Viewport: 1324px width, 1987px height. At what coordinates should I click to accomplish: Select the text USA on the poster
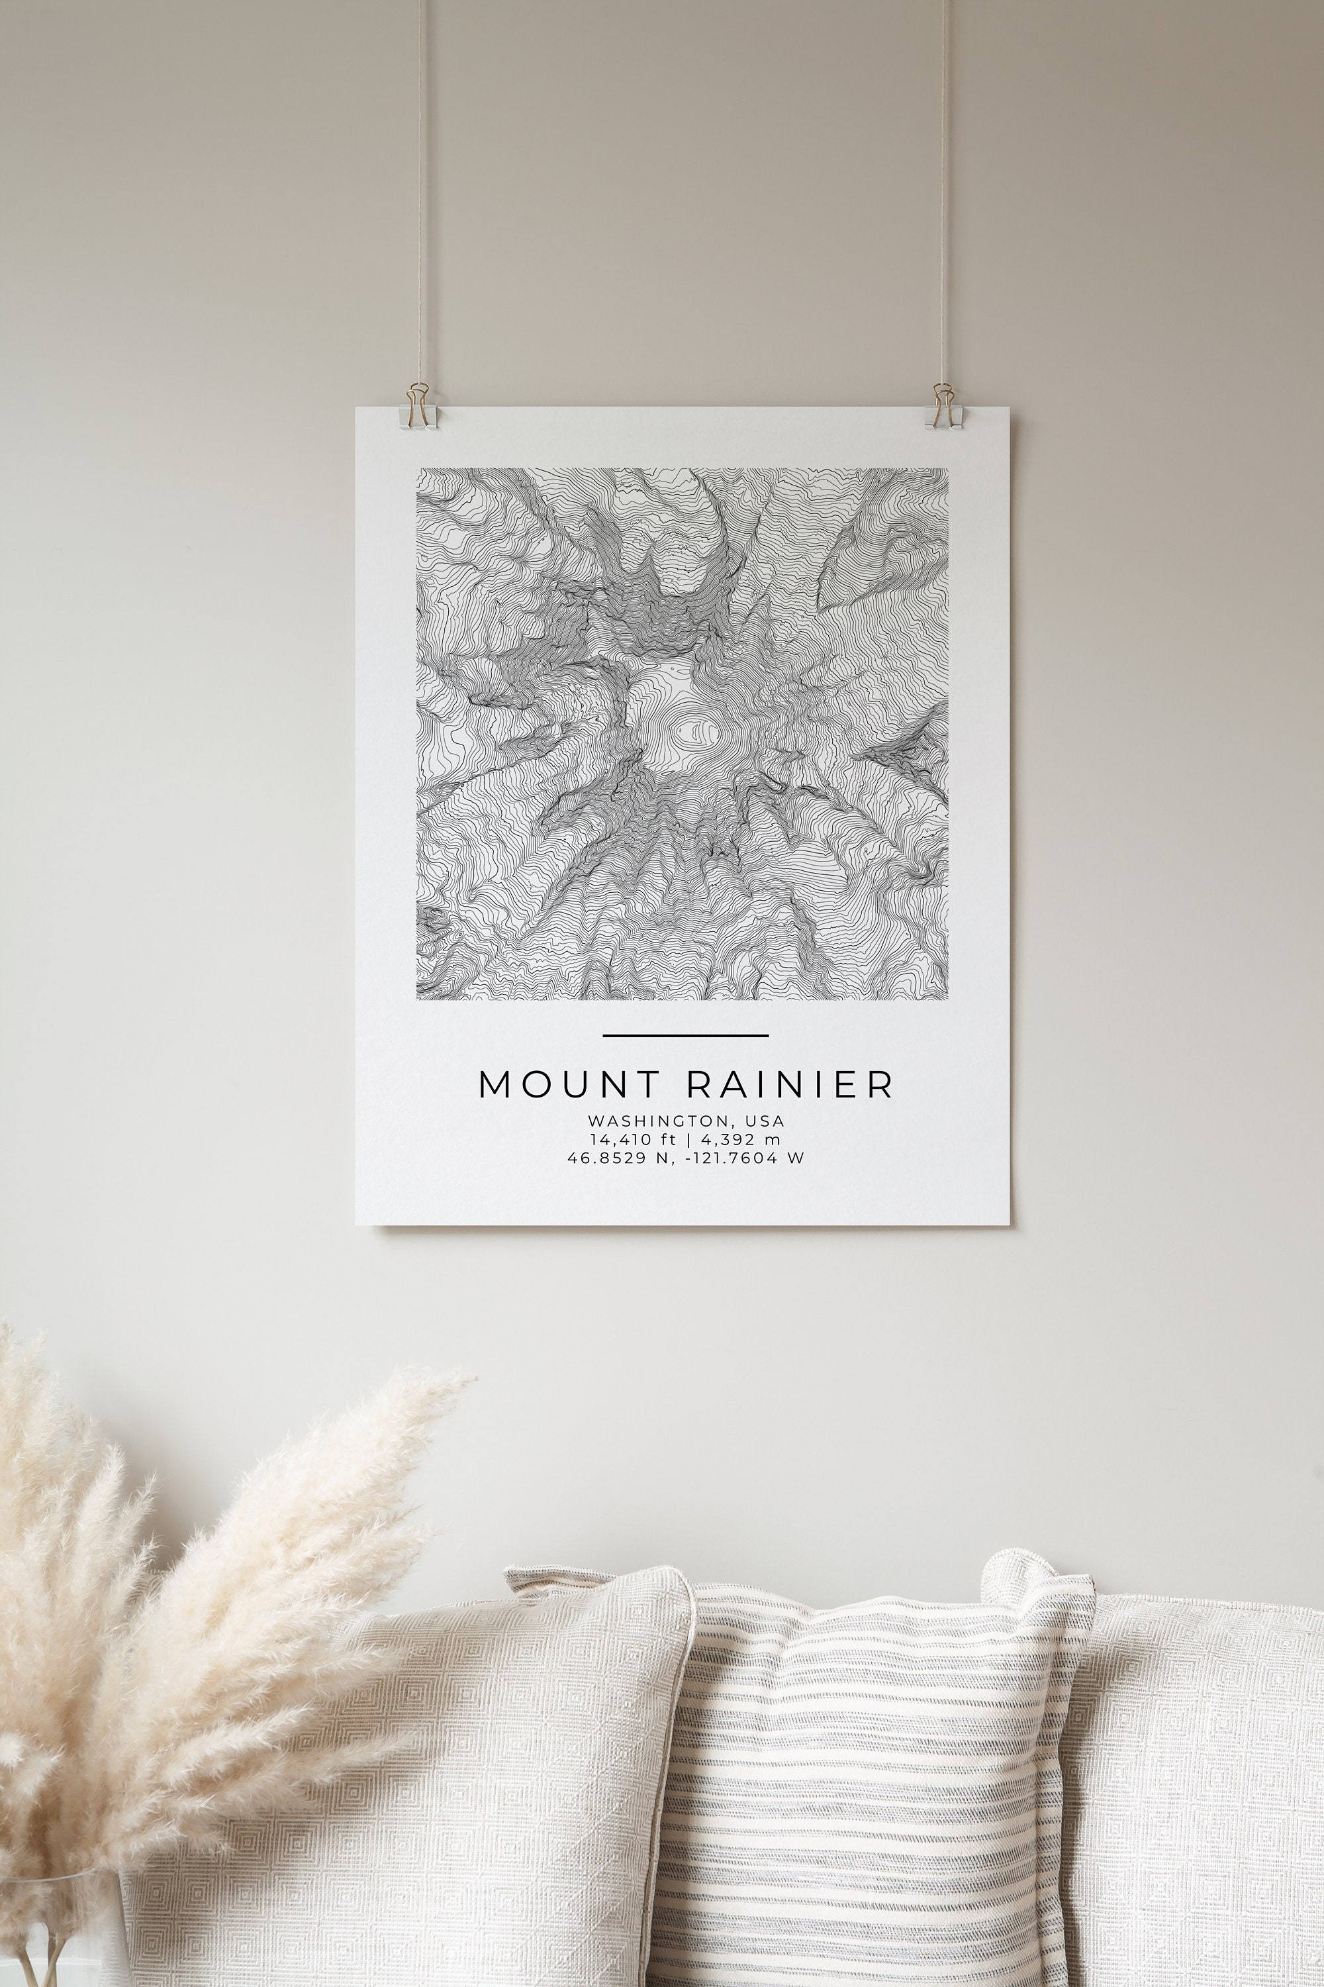click(765, 1121)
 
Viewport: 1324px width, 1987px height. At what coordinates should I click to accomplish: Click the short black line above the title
click(686, 1035)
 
